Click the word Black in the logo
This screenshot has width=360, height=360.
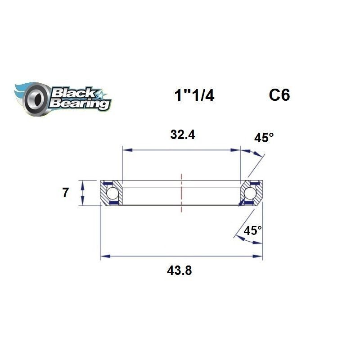click(74, 93)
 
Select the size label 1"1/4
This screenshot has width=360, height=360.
click(194, 95)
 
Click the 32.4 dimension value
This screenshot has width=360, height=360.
click(182, 135)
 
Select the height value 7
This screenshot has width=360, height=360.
click(66, 193)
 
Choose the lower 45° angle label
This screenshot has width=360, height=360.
click(253, 231)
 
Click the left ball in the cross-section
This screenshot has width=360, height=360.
click(112, 193)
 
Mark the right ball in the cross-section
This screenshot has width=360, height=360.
click(250, 193)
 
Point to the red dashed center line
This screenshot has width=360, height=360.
click(182, 193)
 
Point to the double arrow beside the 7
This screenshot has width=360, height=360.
click(82, 193)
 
